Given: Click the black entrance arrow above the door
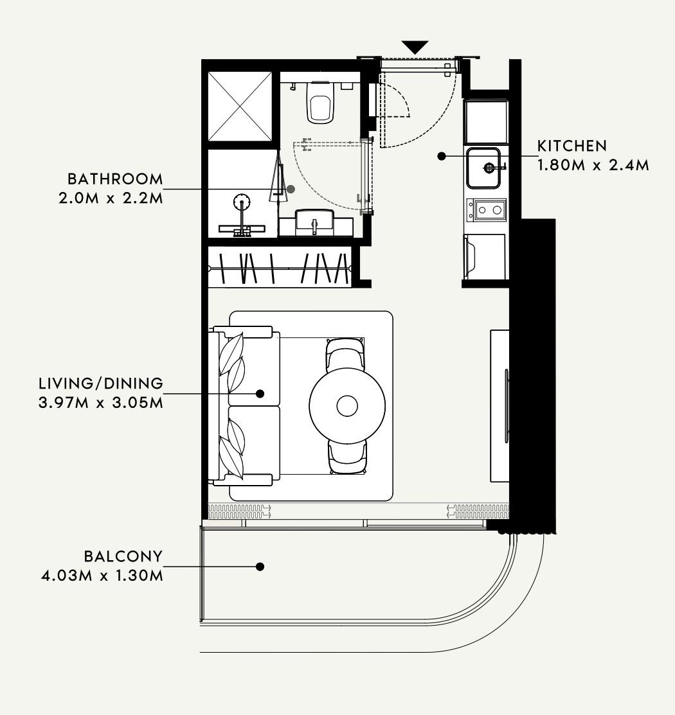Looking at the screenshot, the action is (415, 47).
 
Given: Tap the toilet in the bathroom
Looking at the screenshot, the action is (319, 102).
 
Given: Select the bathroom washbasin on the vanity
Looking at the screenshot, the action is (314, 222).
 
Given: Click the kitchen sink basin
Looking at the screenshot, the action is (483, 168).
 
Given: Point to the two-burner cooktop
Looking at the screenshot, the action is (486, 210).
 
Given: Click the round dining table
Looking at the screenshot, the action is (347, 405).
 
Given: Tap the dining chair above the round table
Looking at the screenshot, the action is (345, 353).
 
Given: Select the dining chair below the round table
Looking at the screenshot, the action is (347, 457).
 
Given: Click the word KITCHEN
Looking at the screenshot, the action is (572, 146).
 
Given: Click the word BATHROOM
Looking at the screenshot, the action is (115, 179).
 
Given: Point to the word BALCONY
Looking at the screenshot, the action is (123, 556).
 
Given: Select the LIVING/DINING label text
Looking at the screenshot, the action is (101, 383).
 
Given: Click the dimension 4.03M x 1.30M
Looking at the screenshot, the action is (102, 576).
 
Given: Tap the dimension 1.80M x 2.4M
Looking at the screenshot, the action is (593, 165).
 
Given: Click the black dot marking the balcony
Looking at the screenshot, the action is (260, 567).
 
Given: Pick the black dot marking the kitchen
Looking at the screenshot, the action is (442, 156).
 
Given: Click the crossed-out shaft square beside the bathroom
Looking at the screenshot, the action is (240, 106).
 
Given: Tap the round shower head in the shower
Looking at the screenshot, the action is (242, 201).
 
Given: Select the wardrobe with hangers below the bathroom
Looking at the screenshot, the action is (279, 268).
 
